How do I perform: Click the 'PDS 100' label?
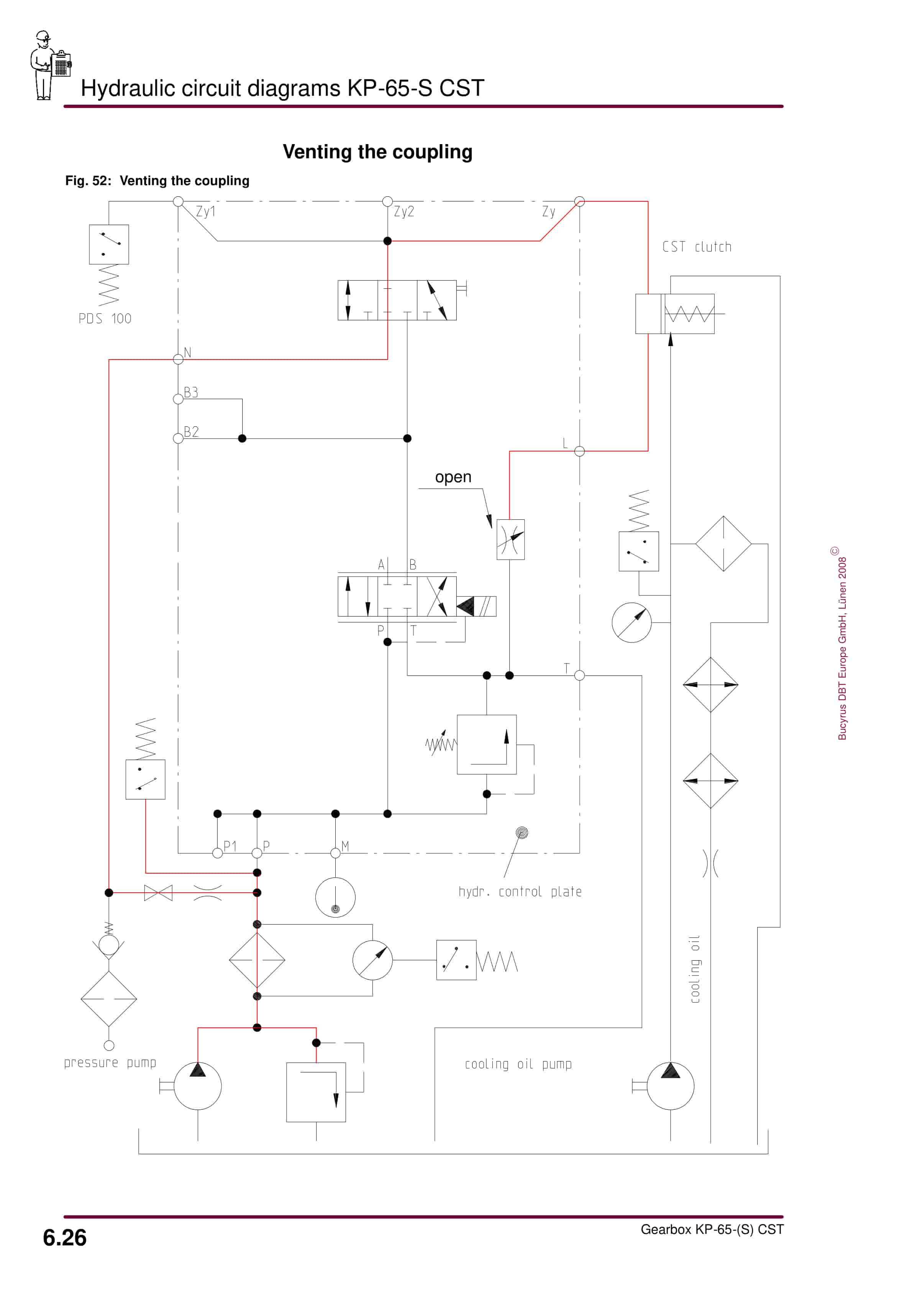coord(105,319)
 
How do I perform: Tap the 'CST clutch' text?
coord(697,247)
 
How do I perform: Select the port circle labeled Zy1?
coord(178,201)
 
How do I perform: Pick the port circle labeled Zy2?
coord(387,201)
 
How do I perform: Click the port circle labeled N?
coord(178,359)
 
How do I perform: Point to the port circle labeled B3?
coord(178,399)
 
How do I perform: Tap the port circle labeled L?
coord(580,451)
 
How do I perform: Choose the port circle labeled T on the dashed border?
coord(580,675)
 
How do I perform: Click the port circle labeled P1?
coord(218,853)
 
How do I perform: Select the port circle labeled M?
coord(336,853)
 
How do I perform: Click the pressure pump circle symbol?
coord(197,1086)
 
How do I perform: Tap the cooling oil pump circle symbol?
coord(670,1086)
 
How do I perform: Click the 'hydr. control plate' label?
coord(520,892)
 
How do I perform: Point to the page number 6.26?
coord(65,1238)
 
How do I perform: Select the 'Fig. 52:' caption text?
coord(88,181)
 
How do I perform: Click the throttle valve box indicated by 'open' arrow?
coord(510,539)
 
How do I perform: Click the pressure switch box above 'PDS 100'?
coord(109,245)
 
